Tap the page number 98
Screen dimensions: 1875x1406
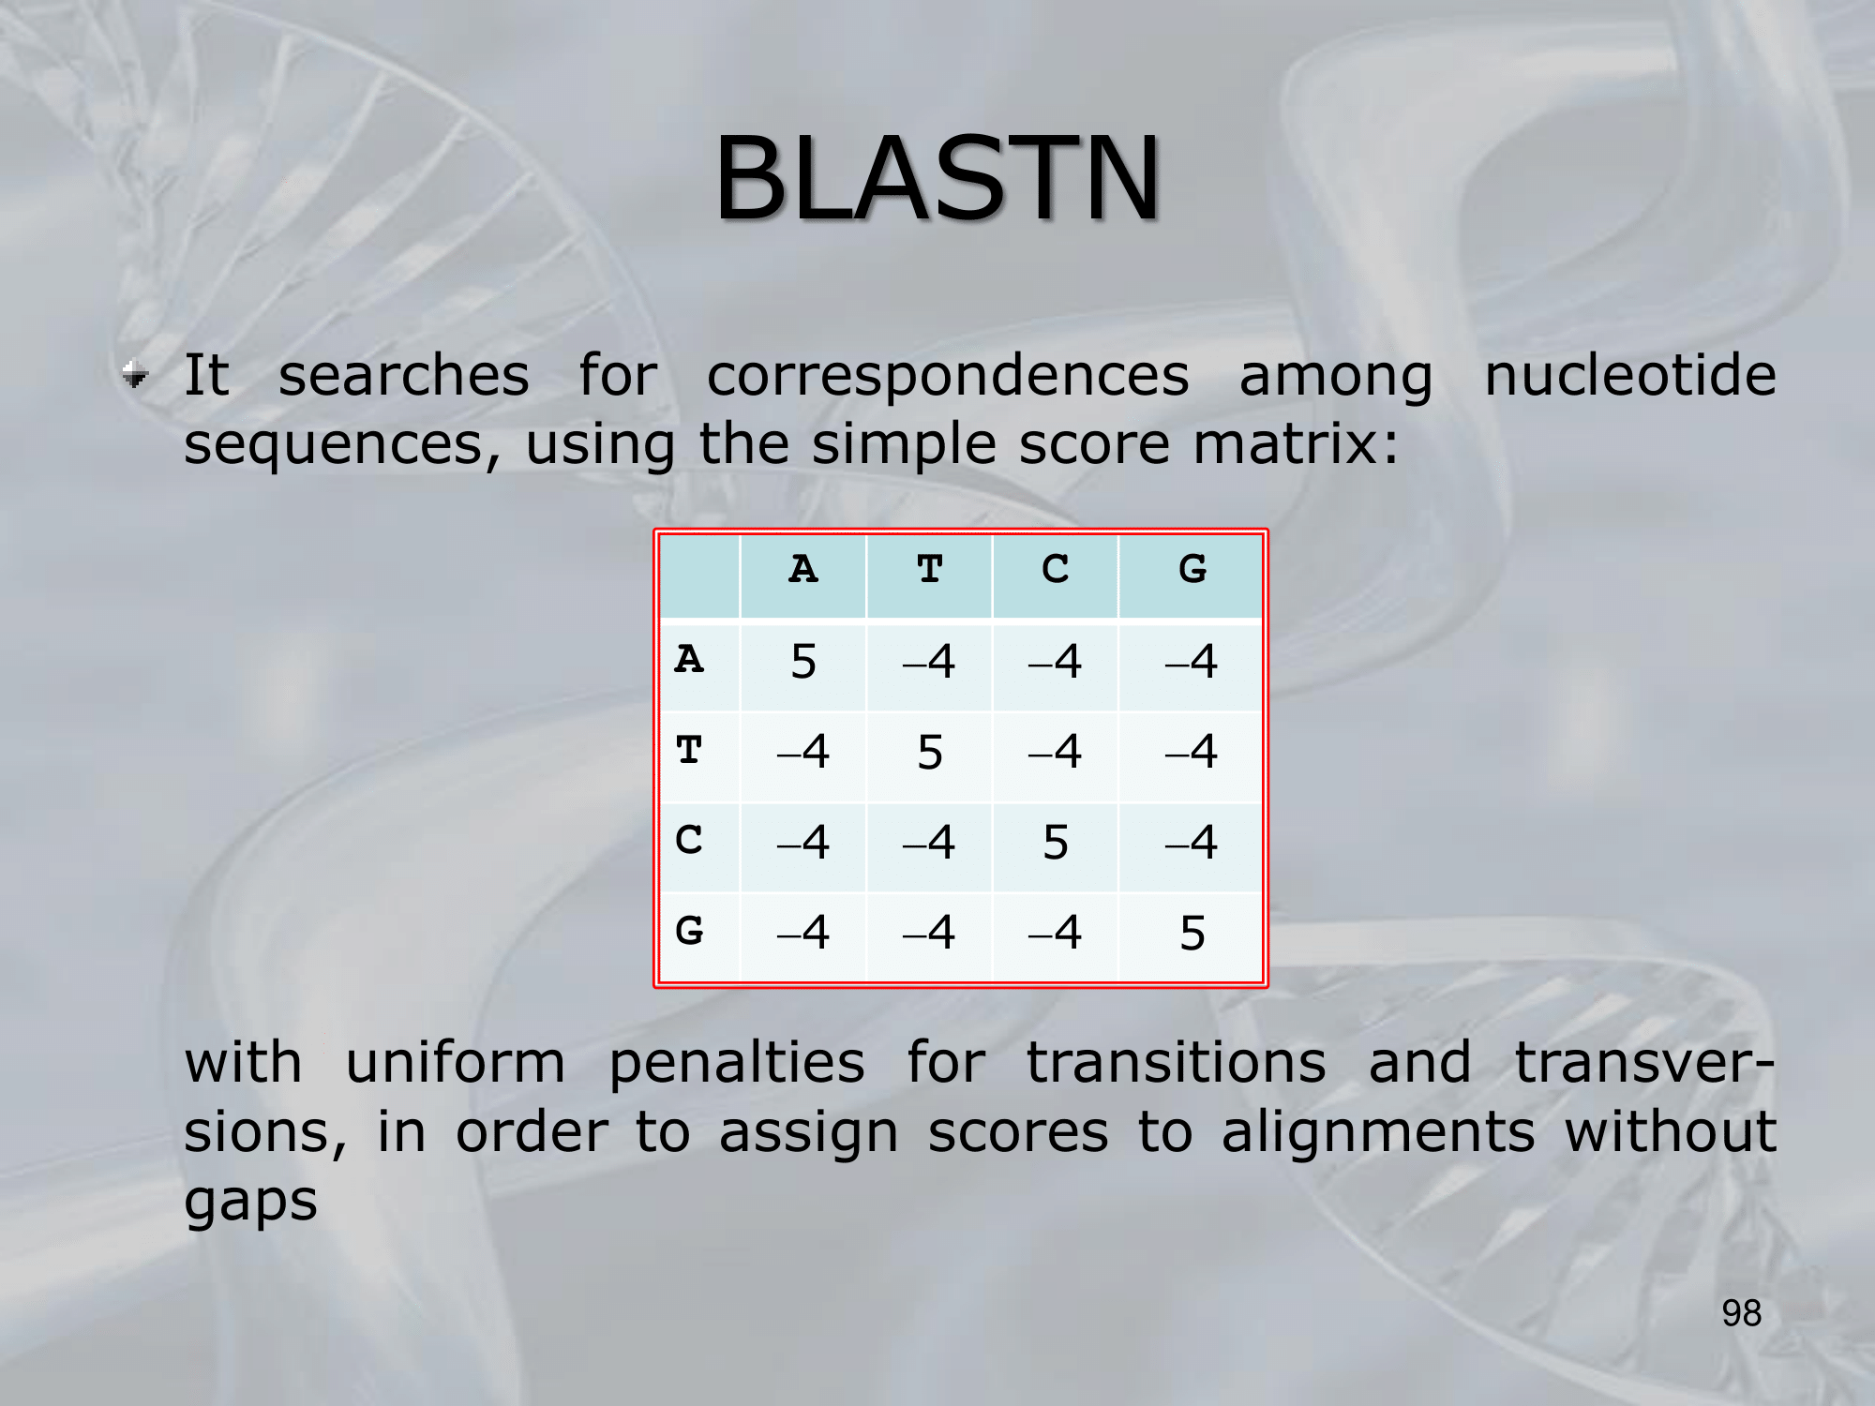pos(1742,1313)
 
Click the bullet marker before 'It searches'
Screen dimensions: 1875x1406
pos(136,375)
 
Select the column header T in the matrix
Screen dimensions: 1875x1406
pos(929,569)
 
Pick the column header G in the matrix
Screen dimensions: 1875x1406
pos(1192,569)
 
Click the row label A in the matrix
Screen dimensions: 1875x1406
pos(689,659)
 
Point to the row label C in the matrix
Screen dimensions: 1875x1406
pos(689,840)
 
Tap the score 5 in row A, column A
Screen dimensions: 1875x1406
pos(803,662)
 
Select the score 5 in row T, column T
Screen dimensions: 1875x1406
pos(929,753)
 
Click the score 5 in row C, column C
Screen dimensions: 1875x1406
pos(1056,843)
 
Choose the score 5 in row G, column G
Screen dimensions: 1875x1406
pos(1192,934)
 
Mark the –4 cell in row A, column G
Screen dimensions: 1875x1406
pos(1192,662)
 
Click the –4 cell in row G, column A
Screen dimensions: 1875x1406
pos(803,933)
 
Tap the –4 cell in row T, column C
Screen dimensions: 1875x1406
pos(1056,752)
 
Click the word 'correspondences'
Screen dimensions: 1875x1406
pos(948,378)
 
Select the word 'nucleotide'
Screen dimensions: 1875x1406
pos(1630,375)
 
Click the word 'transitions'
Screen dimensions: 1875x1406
pos(1177,1063)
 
